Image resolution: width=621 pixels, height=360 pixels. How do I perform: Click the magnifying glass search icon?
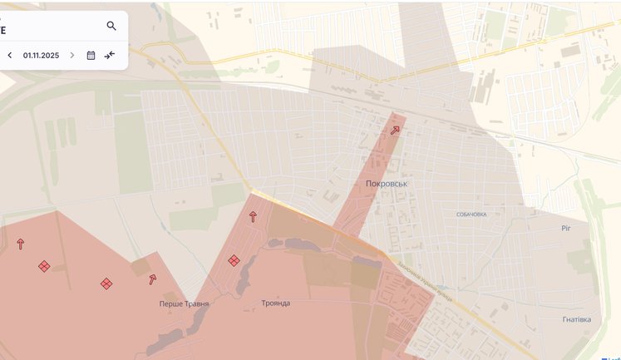click(x=111, y=26)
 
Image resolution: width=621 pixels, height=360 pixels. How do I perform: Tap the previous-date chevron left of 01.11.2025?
click(x=10, y=55)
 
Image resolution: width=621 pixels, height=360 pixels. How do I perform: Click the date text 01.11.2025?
click(x=41, y=55)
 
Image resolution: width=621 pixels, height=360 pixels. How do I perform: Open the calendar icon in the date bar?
click(x=91, y=55)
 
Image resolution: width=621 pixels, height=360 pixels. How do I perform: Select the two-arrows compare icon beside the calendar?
click(x=111, y=55)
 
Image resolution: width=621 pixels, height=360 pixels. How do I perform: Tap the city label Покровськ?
click(x=389, y=183)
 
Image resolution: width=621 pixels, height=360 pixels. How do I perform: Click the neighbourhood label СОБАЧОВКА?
click(x=471, y=214)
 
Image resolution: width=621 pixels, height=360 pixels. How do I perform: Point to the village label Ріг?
click(x=566, y=226)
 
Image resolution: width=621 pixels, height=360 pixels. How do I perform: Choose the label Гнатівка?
click(x=576, y=318)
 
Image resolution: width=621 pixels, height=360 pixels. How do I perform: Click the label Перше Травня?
click(x=185, y=303)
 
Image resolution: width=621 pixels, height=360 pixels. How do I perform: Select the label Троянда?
click(x=276, y=303)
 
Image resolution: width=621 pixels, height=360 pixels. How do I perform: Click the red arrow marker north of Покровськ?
click(x=395, y=130)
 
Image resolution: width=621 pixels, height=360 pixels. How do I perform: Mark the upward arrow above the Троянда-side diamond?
click(x=253, y=216)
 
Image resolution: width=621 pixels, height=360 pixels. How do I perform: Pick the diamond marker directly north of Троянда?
click(x=234, y=260)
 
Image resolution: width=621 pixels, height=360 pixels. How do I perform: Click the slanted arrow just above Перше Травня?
click(x=153, y=279)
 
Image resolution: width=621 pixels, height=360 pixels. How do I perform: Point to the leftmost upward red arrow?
click(x=21, y=244)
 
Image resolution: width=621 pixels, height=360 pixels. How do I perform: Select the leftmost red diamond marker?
click(x=44, y=266)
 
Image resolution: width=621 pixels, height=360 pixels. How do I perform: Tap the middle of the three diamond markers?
click(x=106, y=284)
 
